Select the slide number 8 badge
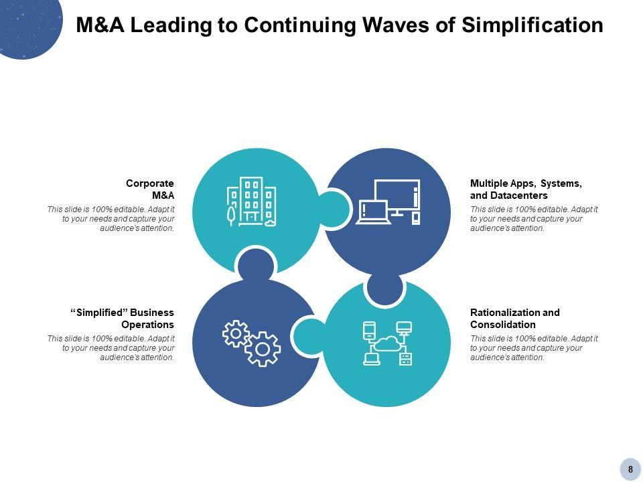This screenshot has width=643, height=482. click(x=630, y=469)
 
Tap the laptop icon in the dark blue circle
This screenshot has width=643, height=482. click(x=372, y=214)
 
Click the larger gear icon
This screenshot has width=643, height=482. click(x=263, y=349)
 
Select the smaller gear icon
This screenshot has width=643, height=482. click(x=236, y=333)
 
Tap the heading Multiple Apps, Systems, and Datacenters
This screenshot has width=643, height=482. click(x=525, y=189)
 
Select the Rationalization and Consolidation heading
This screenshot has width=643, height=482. click(x=514, y=318)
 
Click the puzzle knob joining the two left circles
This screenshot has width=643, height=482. click(x=256, y=263)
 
